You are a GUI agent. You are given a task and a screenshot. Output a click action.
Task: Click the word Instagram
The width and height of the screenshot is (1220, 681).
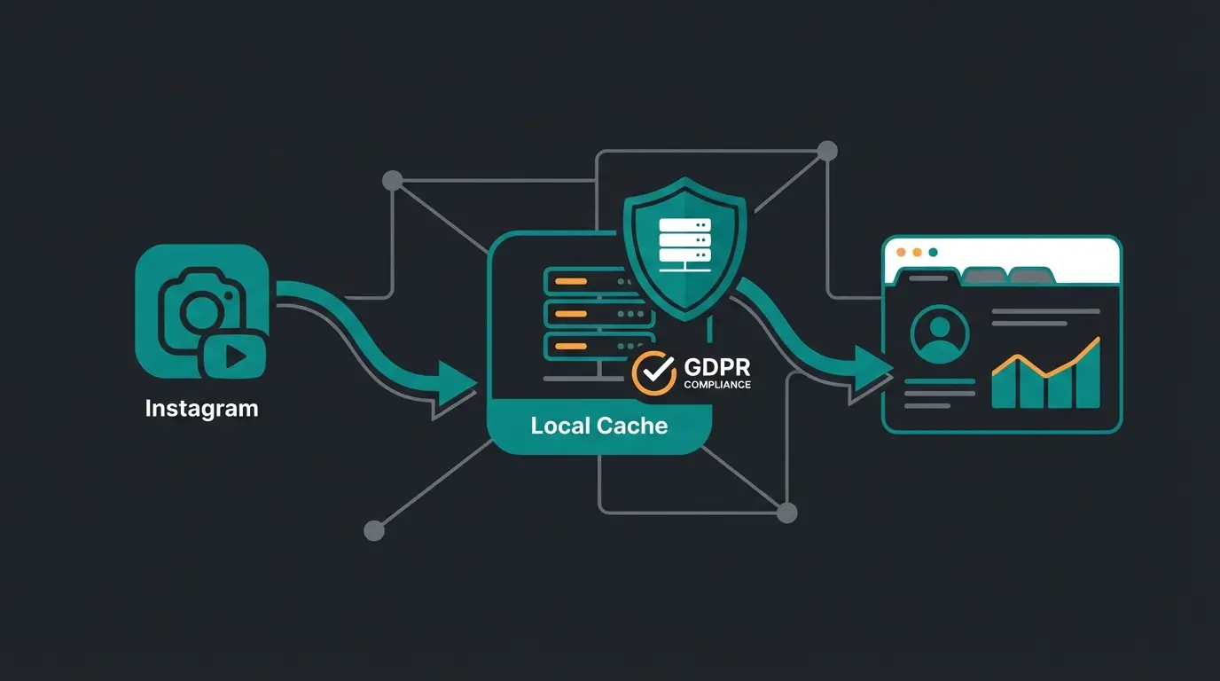point(201,409)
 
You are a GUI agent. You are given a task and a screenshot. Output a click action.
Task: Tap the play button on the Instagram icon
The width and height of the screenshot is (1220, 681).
point(235,356)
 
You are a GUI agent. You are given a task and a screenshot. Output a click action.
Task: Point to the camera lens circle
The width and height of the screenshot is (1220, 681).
point(203,310)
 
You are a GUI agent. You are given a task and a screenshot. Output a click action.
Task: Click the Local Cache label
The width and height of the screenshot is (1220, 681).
point(598,426)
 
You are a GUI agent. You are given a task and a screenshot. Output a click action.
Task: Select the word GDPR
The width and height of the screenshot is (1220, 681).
point(718,367)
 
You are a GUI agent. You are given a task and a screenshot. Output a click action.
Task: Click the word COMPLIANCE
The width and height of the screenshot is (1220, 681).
point(717,385)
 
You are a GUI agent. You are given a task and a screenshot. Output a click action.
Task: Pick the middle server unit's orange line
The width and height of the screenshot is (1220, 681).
point(570,313)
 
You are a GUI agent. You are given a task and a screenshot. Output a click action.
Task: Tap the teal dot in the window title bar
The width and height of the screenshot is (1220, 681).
point(932,252)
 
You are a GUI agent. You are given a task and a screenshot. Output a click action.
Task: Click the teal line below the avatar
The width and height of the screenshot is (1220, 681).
point(939,382)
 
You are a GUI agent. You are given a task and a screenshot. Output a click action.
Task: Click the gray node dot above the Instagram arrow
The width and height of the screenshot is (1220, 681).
point(391,181)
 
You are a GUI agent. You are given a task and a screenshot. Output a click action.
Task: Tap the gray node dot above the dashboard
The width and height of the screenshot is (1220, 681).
point(826,151)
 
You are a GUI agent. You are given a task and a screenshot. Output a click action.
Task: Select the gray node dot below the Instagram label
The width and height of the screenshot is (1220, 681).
point(374,530)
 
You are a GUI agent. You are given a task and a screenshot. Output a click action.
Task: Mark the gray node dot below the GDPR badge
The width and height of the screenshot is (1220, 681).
point(786,513)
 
